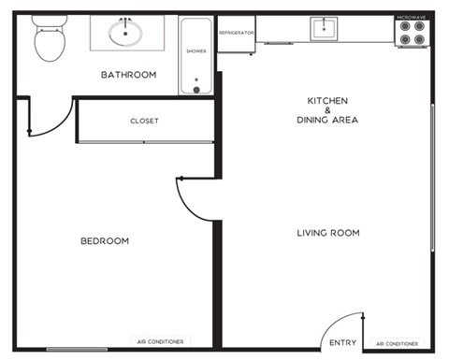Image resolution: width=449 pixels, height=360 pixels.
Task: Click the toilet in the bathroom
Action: click(50, 38)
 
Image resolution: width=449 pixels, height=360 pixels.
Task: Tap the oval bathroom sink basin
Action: click(125, 33)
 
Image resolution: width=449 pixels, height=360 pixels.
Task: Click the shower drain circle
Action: click(196, 90)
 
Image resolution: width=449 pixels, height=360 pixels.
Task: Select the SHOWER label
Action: click(196, 51)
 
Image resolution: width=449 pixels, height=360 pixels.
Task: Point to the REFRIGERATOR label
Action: click(237, 33)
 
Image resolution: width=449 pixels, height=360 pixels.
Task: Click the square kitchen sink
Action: click(324, 29)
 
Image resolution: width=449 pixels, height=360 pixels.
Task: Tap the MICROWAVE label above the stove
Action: click(412, 18)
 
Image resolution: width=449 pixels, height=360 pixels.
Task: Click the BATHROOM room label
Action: click(129, 75)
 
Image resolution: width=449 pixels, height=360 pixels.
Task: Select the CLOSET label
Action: click(144, 121)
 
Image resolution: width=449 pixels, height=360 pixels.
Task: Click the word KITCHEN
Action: click(327, 101)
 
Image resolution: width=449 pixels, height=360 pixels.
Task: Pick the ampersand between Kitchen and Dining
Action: click(327, 110)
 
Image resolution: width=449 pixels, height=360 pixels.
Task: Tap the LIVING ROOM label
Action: click(328, 233)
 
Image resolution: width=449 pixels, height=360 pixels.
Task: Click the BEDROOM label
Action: click(105, 241)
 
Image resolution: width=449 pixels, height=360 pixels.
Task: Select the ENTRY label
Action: click(343, 343)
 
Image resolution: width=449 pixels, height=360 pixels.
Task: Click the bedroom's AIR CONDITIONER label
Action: click(160, 342)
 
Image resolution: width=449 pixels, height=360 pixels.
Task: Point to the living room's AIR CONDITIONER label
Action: click(398, 344)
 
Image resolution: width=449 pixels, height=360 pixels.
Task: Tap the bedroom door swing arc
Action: click(186, 207)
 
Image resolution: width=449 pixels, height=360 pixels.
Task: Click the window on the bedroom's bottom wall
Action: click(77, 350)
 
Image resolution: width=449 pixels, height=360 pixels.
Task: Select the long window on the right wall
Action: click(433, 178)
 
